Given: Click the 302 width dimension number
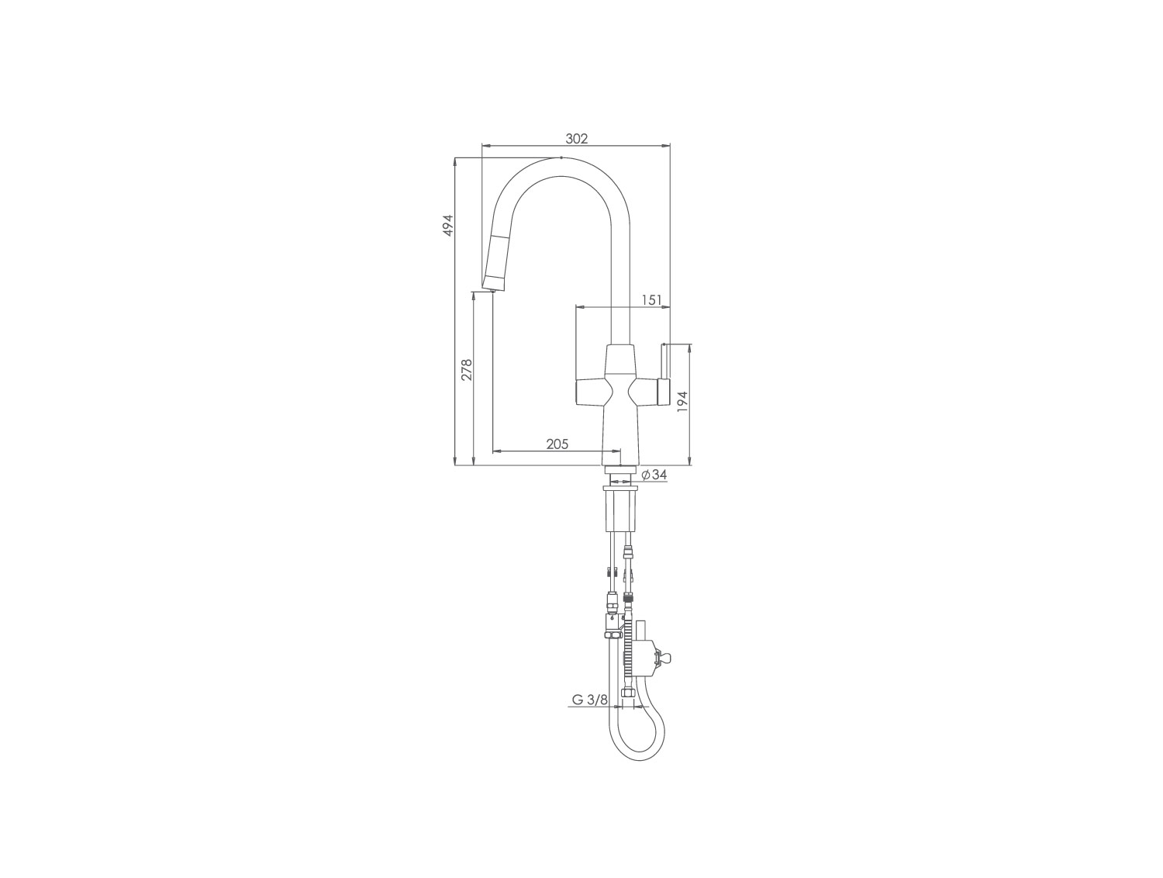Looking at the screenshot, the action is (x=577, y=139).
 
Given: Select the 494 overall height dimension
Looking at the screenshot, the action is (x=449, y=225).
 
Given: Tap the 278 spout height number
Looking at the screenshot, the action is (x=96, y=370).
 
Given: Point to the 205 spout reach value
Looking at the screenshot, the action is (x=557, y=444).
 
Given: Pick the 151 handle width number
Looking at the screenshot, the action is (x=652, y=300).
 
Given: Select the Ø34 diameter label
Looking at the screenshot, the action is (x=654, y=474).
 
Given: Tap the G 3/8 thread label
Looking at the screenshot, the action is (x=589, y=700).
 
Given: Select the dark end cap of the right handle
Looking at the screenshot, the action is (x=664, y=392).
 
